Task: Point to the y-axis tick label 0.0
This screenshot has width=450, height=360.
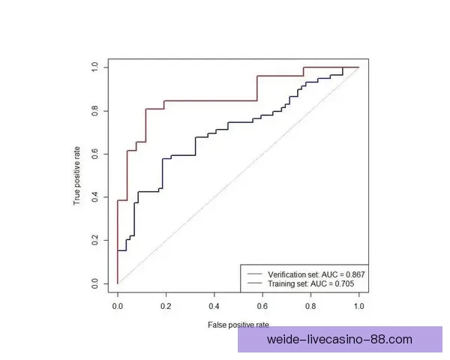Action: pos(95,283)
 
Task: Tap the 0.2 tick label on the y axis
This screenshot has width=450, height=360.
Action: pos(95,240)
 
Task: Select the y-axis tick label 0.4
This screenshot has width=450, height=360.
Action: pos(95,197)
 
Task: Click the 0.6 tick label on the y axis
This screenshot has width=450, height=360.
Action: pos(95,154)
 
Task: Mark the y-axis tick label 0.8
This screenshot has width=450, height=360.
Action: pos(95,110)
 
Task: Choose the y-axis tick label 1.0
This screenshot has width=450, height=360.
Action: pos(95,67)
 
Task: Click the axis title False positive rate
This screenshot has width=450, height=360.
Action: pos(238,325)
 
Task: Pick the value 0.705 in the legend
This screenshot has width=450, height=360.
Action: pos(341,285)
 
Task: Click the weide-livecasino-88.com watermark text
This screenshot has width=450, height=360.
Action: pos(340,340)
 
